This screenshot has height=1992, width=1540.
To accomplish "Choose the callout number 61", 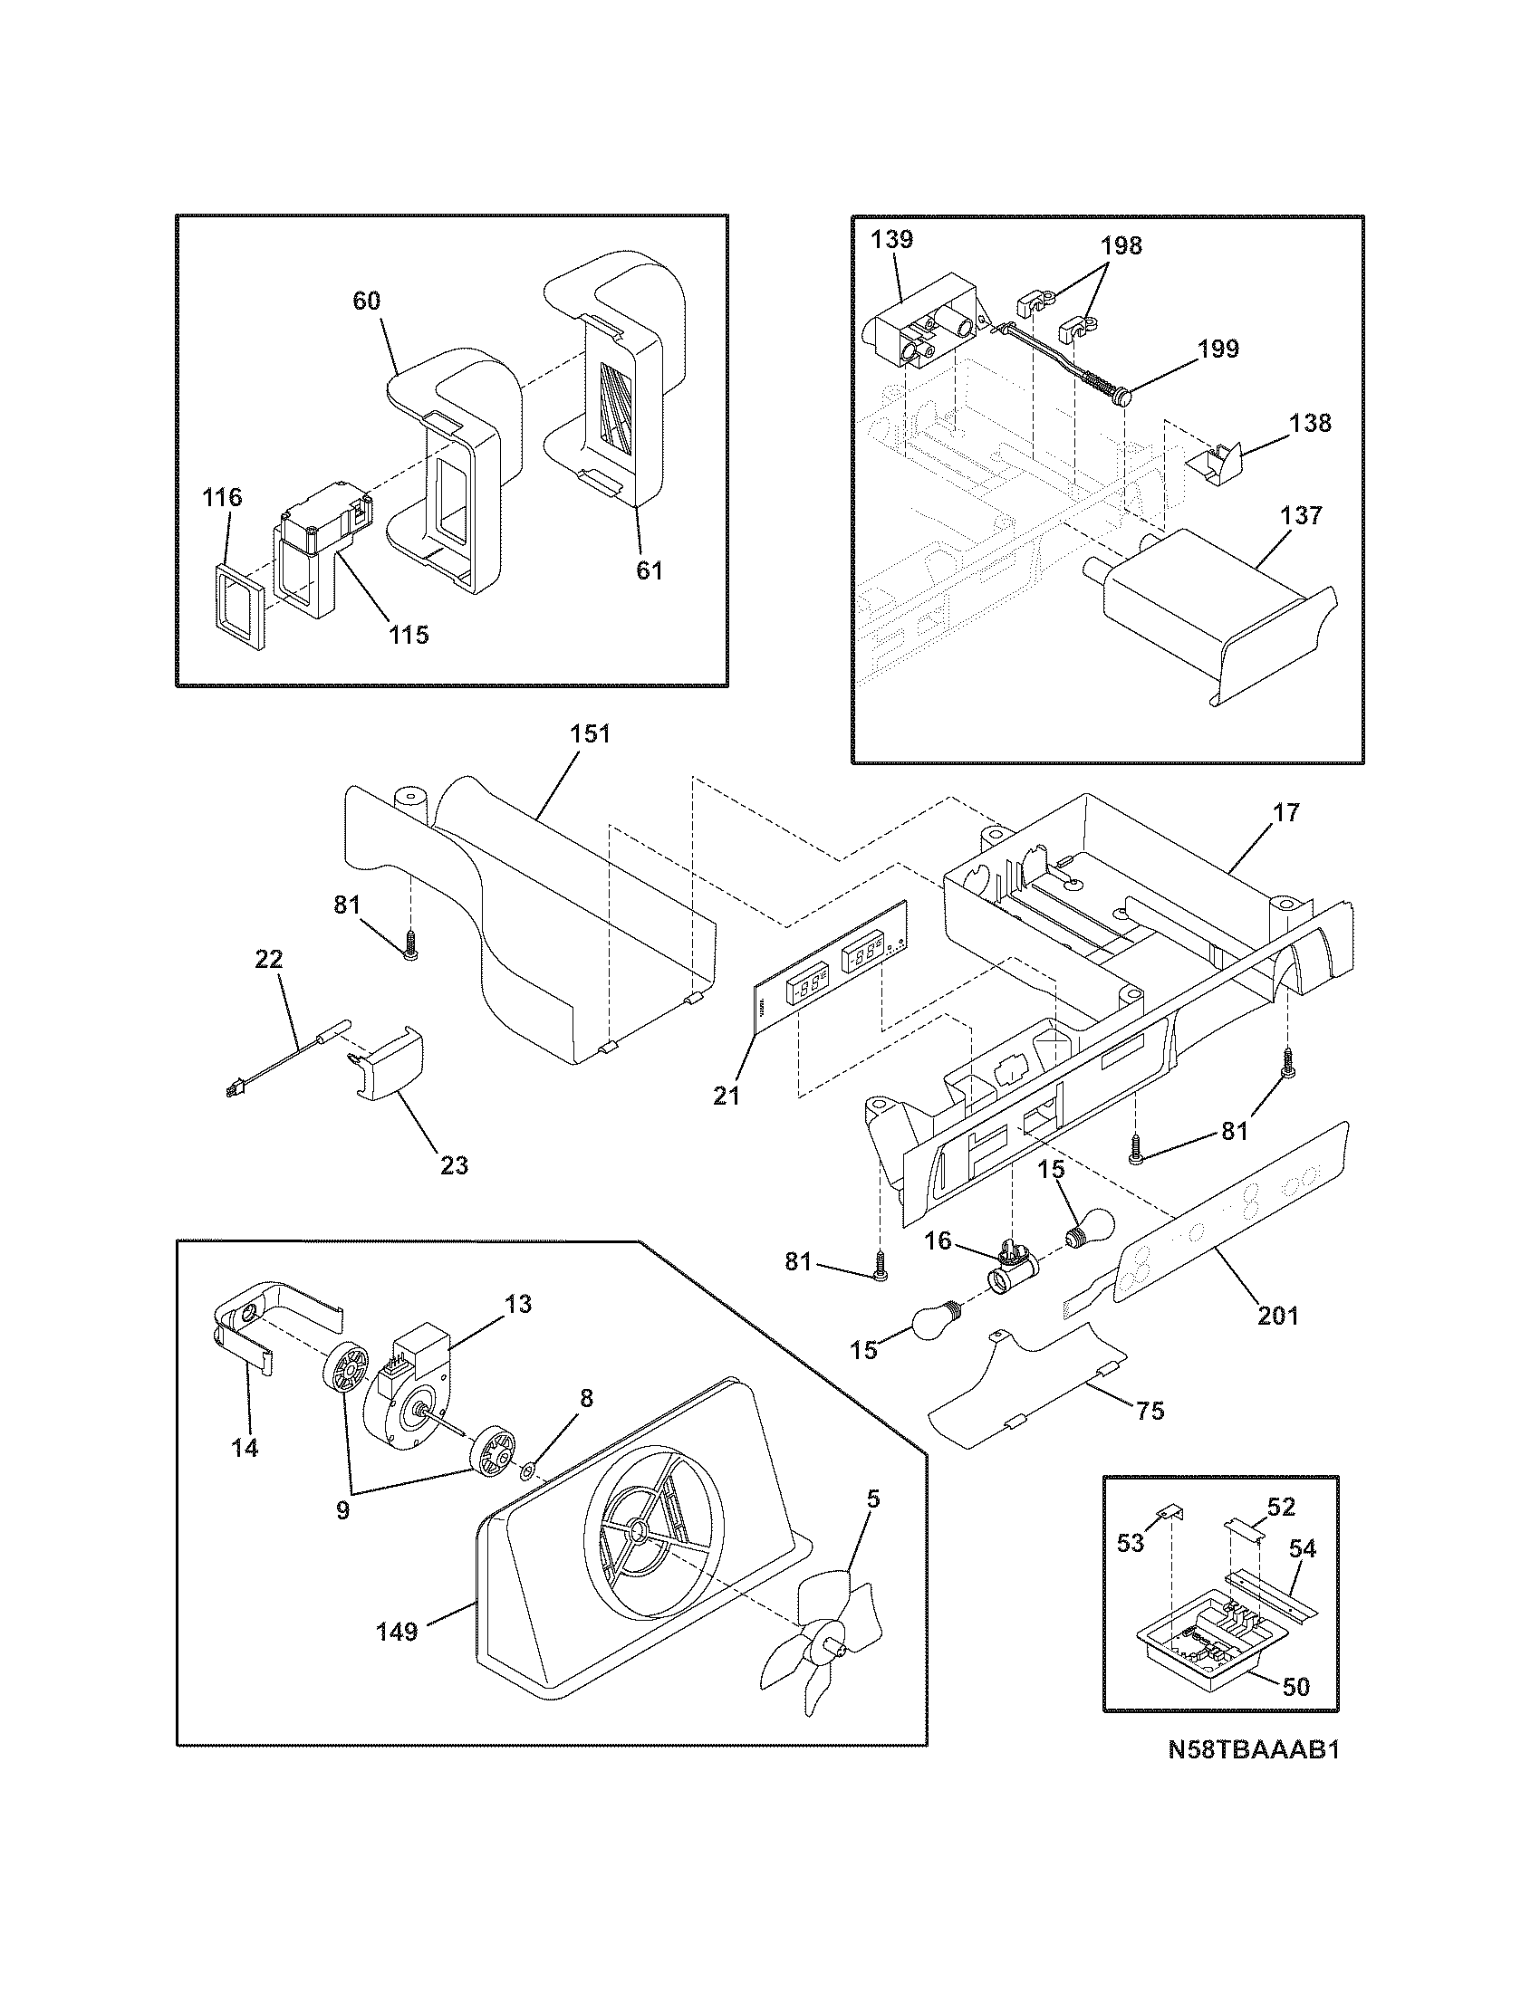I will [650, 570].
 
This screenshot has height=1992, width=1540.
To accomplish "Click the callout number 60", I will [366, 301].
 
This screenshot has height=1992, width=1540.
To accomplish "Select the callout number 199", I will [1218, 349].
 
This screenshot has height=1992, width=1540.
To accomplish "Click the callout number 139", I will [891, 240].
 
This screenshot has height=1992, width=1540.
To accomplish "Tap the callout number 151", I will [590, 733].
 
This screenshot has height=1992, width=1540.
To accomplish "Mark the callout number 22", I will [270, 960].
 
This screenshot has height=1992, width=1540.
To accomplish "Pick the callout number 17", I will [1286, 812].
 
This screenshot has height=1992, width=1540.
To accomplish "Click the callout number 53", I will [1131, 1544].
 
